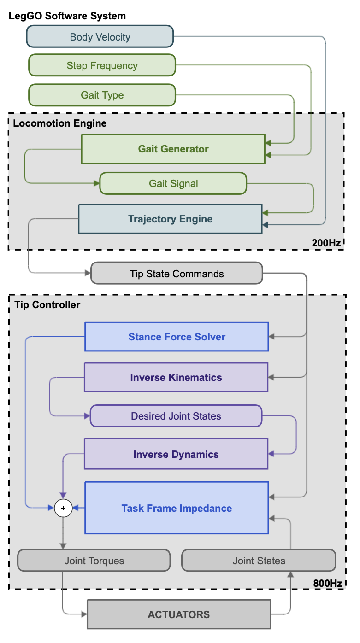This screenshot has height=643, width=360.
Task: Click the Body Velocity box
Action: pyautogui.click(x=100, y=37)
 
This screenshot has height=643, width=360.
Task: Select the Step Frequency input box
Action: pyautogui.click(x=102, y=65)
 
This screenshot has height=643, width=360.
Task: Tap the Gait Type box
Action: pyautogui.click(x=102, y=95)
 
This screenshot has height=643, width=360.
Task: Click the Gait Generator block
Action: pyautogui.click(x=173, y=149)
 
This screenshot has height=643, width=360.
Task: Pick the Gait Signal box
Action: pyautogui.click(x=173, y=183)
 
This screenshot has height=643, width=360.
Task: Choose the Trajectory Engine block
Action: pyautogui.click(x=170, y=219)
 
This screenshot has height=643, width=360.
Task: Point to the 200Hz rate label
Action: pyautogui.click(x=326, y=243)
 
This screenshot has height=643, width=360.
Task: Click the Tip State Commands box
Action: pyautogui.click(x=177, y=274)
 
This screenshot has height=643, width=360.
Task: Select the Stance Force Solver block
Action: pyautogui.click(x=177, y=337)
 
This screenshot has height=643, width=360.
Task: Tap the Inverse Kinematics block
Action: pyautogui.click(x=176, y=377)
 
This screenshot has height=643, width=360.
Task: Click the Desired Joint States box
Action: pyautogui.click(x=176, y=416)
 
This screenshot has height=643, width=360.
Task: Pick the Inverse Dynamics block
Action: pyautogui.click(x=176, y=454)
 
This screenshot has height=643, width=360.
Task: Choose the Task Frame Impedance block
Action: pyautogui.click(x=177, y=508)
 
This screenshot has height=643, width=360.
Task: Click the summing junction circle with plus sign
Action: pyautogui.click(x=63, y=508)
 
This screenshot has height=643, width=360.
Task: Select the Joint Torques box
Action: pyautogui.click(x=94, y=561)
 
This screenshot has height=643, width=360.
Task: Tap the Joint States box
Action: pyautogui.click(x=259, y=561)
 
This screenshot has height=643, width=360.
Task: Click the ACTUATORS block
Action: pyautogui.click(x=179, y=614)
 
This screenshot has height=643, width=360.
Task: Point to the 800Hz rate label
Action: pyautogui.click(x=327, y=583)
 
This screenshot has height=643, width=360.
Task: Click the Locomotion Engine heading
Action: pyautogui.click(x=60, y=123)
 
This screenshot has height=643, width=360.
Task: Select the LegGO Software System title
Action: pyautogui.click(x=67, y=16)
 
